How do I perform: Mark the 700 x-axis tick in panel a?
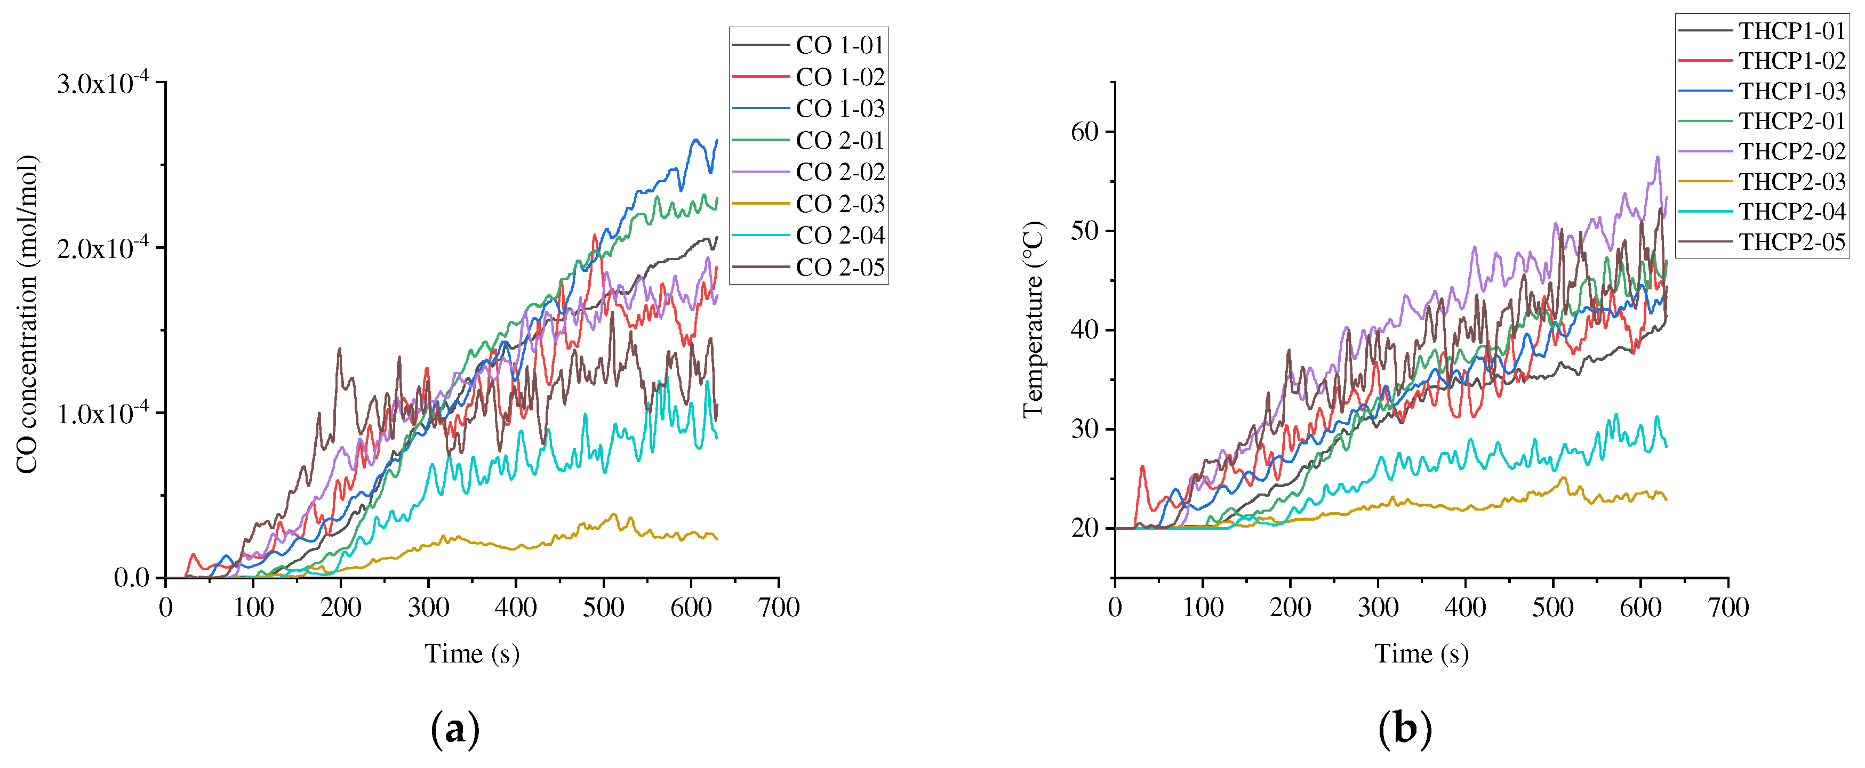778,607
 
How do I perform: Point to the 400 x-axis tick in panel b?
1466,607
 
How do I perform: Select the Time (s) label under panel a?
472,653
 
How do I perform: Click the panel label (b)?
1405,728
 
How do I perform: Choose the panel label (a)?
455,728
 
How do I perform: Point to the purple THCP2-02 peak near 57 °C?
1657,157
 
